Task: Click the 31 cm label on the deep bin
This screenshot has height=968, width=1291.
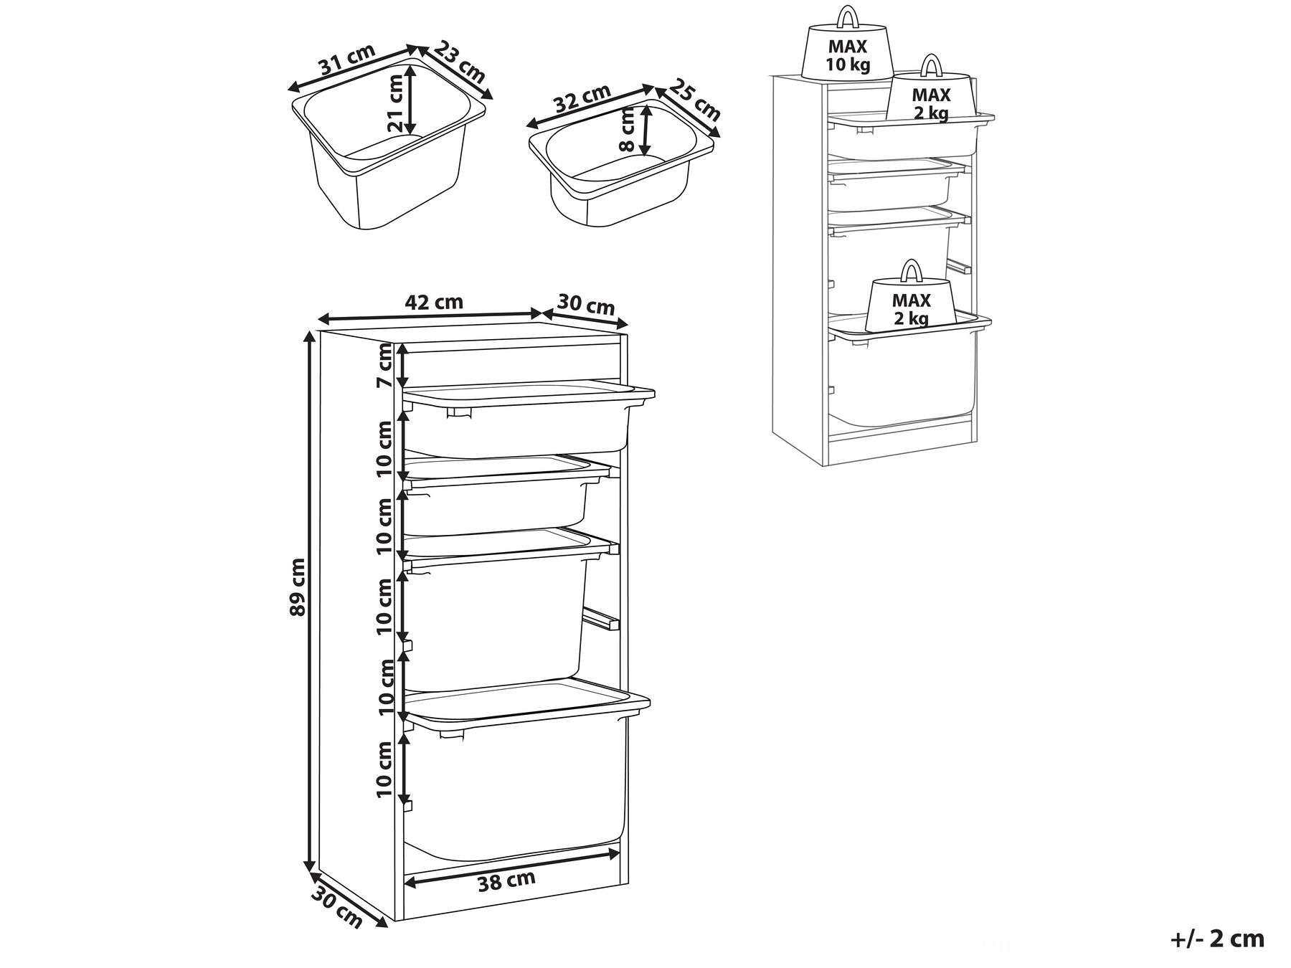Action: click(x=347, y=62)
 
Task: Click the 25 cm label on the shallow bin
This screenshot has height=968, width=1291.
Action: click(x=694, y=100)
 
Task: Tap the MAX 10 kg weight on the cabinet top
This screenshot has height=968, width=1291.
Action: click(x=848, y=56)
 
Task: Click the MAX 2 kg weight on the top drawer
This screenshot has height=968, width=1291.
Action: click(x=931, y=103)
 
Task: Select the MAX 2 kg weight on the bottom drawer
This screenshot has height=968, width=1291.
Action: click(x=912, y=309)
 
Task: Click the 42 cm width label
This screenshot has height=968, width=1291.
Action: click(x=433, y=302)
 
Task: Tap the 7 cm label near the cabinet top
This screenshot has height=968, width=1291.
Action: click(x=386, y=366)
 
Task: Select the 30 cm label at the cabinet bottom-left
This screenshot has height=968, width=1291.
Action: click(x=337, y=907)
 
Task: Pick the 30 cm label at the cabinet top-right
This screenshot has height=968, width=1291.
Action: click(x=586, y=305)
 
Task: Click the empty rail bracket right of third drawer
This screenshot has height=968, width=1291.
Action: click(x=600, y=620)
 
